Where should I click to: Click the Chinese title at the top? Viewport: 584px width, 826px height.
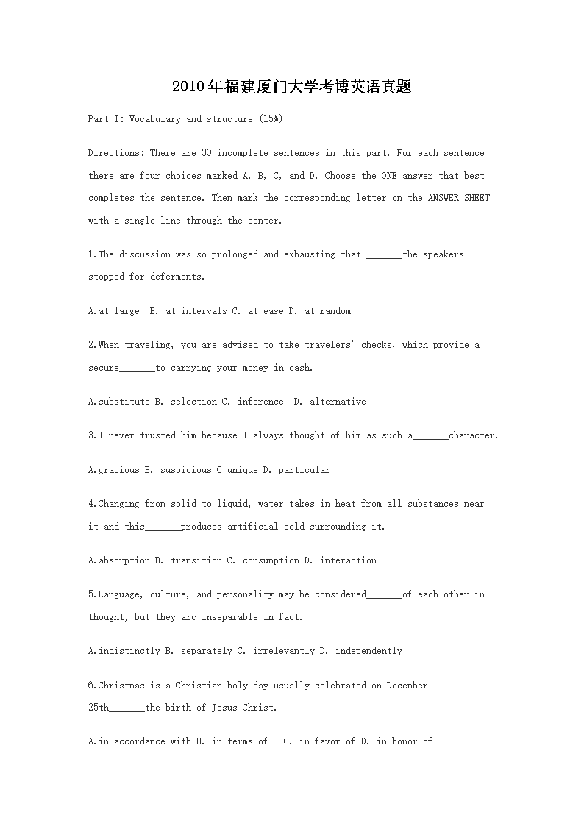(x=291, y=87)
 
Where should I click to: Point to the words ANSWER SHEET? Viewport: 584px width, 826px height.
(x=459, y=198)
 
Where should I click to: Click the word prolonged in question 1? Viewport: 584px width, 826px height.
(x=235, y=254)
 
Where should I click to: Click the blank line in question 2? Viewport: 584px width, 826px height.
(x=137, y=368)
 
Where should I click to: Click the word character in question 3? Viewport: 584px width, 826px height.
(x=472, y=435)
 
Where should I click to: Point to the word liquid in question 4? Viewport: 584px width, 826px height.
(x=235, y=504)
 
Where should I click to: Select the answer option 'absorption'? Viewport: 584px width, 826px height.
(x=124, y=560)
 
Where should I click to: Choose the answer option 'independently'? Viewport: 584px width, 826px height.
(x=368, y=651)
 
